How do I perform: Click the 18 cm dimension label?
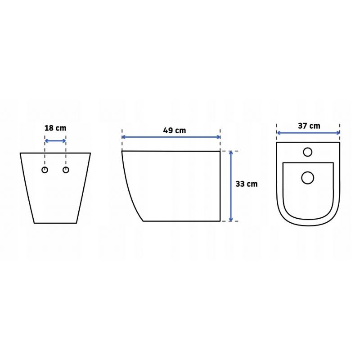pos(55,128)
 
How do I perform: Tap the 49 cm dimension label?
pos(175,130)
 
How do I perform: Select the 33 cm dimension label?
pos(247,184)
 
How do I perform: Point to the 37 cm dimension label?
pos(309,126)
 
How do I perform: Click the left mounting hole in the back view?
pos(45,170)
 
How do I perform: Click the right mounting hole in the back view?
pos(66,170)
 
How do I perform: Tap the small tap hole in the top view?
pos(308,152)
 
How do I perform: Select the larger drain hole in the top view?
pos(308,178)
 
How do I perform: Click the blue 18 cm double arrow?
pos(55,141)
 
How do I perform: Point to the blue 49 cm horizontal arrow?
pos(171,137)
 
